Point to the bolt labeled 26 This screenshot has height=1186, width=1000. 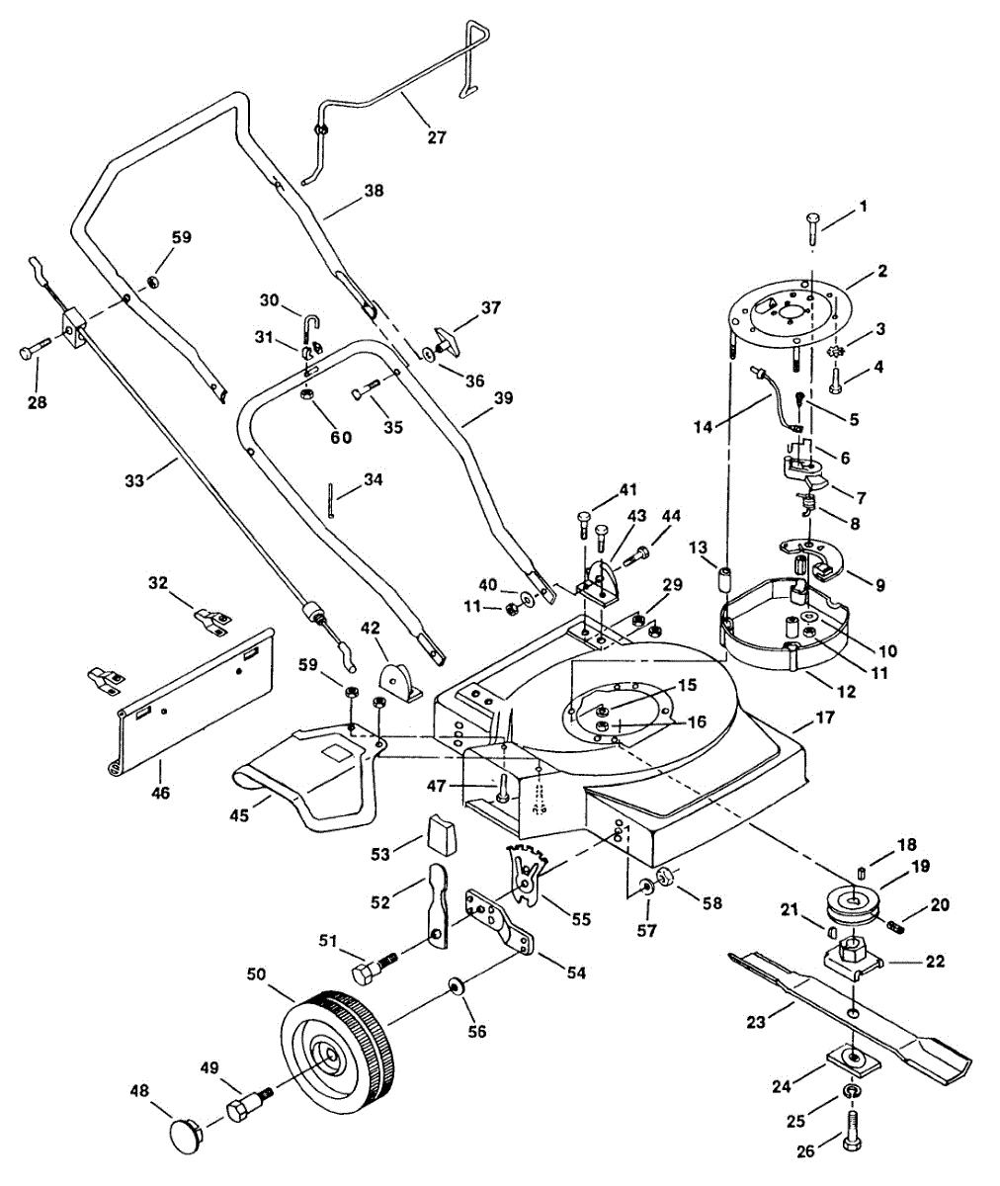(853, 1131)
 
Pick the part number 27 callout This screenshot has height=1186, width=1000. (437, 137)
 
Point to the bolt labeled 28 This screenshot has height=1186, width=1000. (34, 351)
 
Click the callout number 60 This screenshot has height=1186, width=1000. (341, 438)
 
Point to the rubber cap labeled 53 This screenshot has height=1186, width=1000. (441, 835)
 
